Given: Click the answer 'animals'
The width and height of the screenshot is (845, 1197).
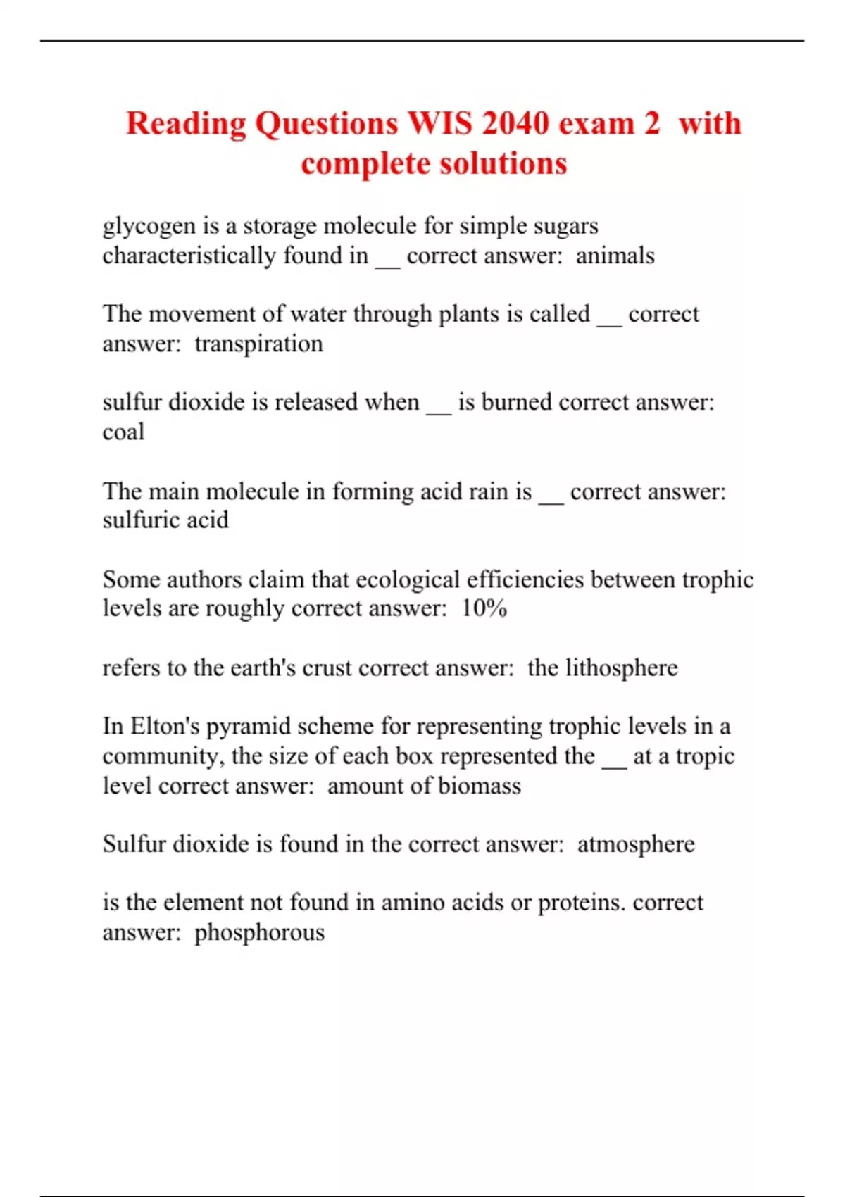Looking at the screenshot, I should pos(615,256).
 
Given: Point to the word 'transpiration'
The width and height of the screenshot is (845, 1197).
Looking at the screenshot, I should pos(258,344).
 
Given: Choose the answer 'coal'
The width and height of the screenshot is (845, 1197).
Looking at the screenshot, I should pos(123,432).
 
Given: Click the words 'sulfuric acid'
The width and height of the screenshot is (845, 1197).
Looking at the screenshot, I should pos(165,520).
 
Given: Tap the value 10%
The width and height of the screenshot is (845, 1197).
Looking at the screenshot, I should pos(484,608).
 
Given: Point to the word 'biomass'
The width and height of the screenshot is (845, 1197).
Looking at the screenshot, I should pos(480,786).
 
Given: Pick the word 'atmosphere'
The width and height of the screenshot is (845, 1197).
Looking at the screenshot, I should pos(635,844).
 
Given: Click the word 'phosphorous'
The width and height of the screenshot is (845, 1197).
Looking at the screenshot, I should pos(259,932).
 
